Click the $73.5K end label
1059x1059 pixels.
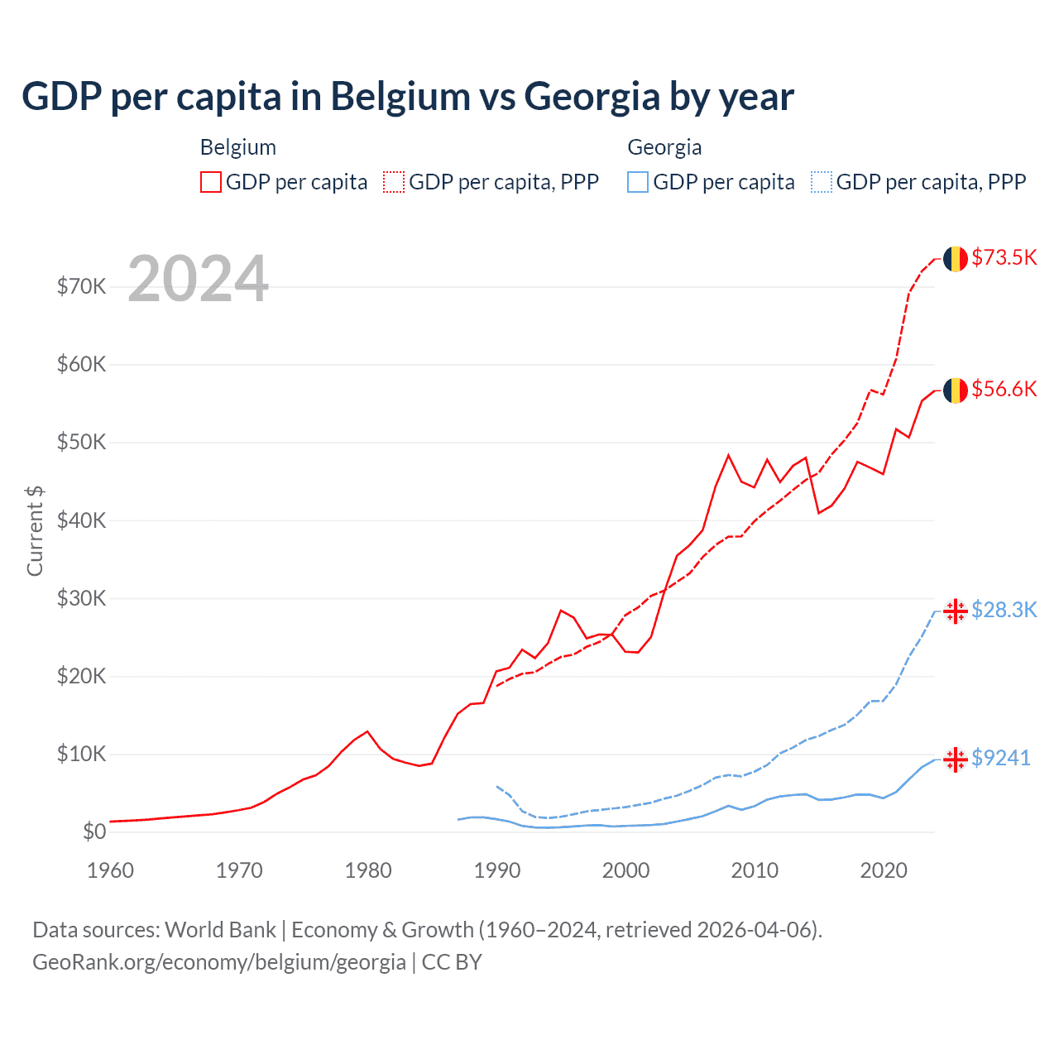click(x=1004, y=257)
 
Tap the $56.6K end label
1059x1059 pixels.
click(x=1004, y=389)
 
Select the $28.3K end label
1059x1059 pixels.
click(x=1004, y=610)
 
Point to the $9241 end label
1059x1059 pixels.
click(x=1000, y=758)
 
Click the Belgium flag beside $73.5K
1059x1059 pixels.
click(x=956, y=258)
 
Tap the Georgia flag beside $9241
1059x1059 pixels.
click(x=956, y=759)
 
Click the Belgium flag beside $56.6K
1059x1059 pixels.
click(x=956, y=390)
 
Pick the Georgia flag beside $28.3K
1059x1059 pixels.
click(x=956, y=611)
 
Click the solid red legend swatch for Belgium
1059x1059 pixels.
click(x=211, y=182)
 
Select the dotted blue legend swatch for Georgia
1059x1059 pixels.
click(x=822, y=182)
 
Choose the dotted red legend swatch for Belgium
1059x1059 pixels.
click(x=394, y=182)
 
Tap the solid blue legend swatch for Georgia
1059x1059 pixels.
click(x=638, y=182)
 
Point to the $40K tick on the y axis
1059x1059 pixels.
click(x=81, y=520)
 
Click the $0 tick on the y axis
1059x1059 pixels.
click(x=94, y=831)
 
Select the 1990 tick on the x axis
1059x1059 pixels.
click(x=497, y=870)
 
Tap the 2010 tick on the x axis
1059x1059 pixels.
click(x=755, y=870)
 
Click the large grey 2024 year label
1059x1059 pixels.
click(x=199, y=279)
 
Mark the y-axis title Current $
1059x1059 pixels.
click(x=35, y=530)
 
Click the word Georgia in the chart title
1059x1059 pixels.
click(x=592, y=97)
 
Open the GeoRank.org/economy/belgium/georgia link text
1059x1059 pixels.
click(x=219, y=962)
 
